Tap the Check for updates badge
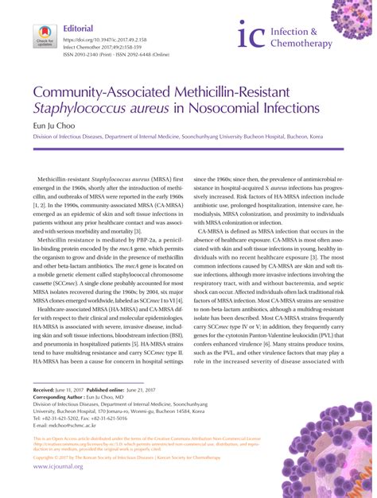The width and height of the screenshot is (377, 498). [44, 37]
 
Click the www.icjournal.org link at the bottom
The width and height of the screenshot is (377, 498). [58, 466]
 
